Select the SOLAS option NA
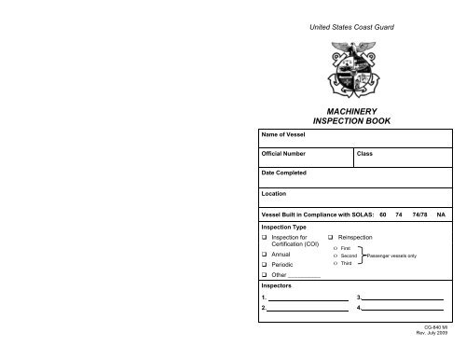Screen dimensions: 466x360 click(442, 214)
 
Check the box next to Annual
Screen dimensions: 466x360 click(265, 254)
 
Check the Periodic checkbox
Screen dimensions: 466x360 click(265, 266)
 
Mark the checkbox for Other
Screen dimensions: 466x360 click(265, 277)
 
